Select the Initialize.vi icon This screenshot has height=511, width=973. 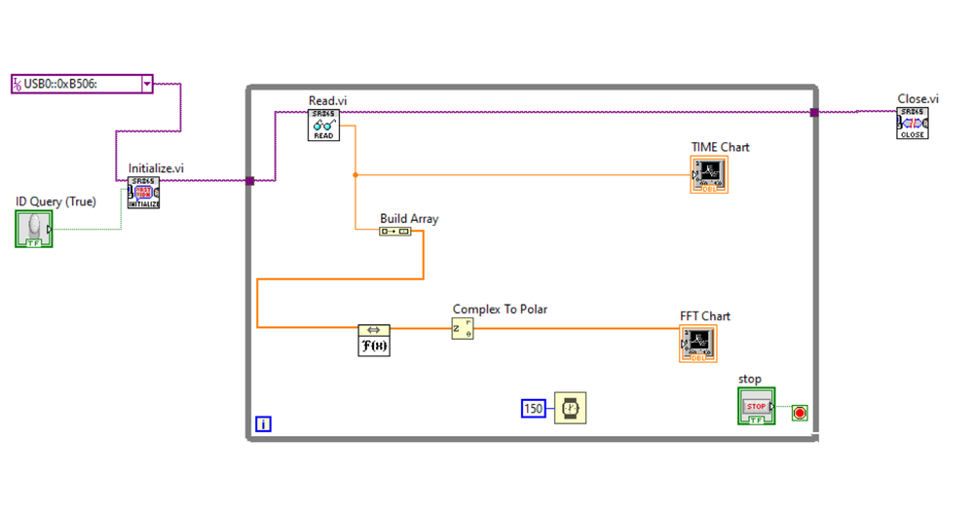(x=143, y=193)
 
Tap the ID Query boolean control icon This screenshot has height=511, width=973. (x=34, y=229)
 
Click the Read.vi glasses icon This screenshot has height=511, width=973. (x=323, y=125)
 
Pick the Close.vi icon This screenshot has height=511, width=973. (x=912, y=124)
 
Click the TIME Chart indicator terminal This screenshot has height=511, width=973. (x=709, y=175)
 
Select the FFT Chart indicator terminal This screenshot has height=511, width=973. (x=697, y=344)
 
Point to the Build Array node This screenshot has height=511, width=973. (x=395, y=232)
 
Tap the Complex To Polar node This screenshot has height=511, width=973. (x=462, y=328)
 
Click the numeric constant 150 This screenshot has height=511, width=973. (x=534, y=409)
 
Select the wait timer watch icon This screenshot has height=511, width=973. (x=570, y=409)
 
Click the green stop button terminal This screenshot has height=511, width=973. (x=757, y=406)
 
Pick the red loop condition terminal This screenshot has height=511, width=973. (x=800, y=414)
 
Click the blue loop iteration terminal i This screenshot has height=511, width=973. (x=263, y=424)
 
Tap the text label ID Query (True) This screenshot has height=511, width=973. (x=56, y=201)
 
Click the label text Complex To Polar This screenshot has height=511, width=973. (x=500, y=310)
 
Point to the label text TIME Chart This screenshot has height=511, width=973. (x=721, y=147)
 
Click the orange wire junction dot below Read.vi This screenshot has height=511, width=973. (x=355, y=175)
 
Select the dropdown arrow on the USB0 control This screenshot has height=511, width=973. (x=147, y=84)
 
